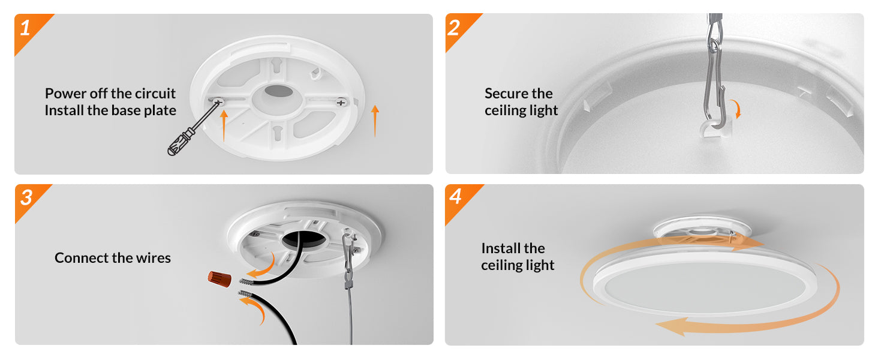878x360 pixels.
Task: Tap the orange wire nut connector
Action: (x=220, y=279)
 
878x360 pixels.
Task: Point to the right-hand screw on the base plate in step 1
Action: (x=341, y=103)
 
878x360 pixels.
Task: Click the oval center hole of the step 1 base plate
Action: (x=279, y=91)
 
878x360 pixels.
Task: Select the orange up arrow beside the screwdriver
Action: (x=224, y=125)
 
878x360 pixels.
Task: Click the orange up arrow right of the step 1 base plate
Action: (x=375, y=121)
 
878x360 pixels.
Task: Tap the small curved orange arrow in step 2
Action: (x=737, y=108)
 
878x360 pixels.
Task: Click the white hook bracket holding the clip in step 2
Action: (x=716, y=129)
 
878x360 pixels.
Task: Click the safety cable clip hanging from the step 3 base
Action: (x=348, y=259)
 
